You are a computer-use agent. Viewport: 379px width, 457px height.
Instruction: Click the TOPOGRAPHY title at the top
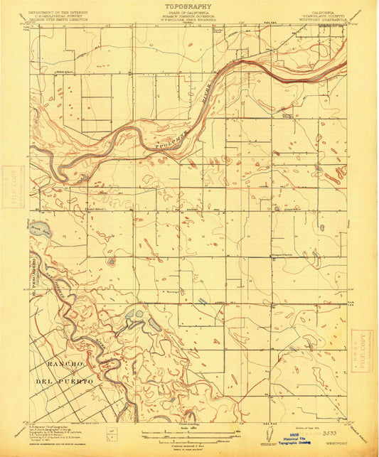coord(188,6)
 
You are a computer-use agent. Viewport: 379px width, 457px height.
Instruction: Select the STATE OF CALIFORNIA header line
coord(188,12)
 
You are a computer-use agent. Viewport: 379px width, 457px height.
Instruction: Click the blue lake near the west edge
coord(41,230)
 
